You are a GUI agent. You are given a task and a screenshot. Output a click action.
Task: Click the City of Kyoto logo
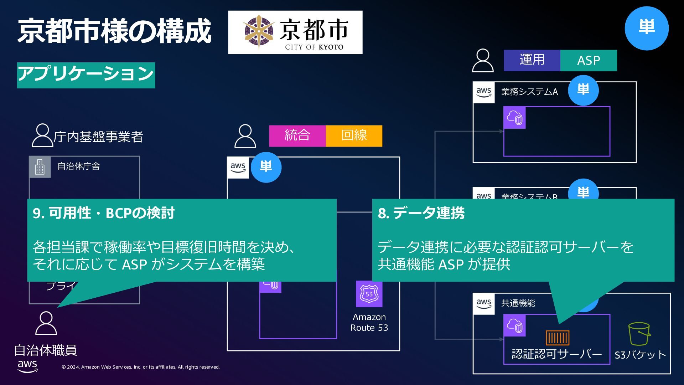(x=295, y=32)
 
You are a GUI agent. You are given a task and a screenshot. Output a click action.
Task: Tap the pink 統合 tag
(x=297, y=136)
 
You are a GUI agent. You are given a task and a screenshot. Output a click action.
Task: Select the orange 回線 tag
(x=354, y=136)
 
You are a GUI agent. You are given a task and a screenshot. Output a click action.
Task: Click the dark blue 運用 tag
(x=532, y=60)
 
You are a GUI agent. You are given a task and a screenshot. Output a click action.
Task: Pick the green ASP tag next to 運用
(x=589, y=61)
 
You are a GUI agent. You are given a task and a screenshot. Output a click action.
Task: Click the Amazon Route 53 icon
(x=369, y=294)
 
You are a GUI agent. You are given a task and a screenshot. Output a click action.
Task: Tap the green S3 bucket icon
(x=639, y=334)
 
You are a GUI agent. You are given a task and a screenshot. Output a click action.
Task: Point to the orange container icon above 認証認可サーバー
(x=557, y=338)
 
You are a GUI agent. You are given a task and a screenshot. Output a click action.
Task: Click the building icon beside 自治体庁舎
(x=40, y=167)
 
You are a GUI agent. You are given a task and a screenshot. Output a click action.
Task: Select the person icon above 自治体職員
(x=46, y=323)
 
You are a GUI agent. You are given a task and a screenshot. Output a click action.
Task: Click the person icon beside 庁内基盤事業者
(x=42, y=135)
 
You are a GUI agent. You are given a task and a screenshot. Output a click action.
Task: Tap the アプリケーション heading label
(x=86, y=75)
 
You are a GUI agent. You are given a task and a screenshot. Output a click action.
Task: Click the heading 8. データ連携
(x=421, y=213)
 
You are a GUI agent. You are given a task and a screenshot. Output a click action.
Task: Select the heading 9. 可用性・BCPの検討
(x=104, y=213)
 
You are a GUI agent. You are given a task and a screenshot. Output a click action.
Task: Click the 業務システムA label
(x=529, y=92)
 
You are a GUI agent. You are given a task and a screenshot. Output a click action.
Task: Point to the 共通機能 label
(x=518, y=303)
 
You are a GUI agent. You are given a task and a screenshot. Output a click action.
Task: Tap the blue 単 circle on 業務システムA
(x=583, y=90)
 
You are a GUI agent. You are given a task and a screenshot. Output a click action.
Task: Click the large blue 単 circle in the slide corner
(x=647, y=28)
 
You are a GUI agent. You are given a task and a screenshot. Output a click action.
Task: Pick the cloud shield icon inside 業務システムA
(x=514, y=118)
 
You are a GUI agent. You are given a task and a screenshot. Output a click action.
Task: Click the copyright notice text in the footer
(x=141, y=367)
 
